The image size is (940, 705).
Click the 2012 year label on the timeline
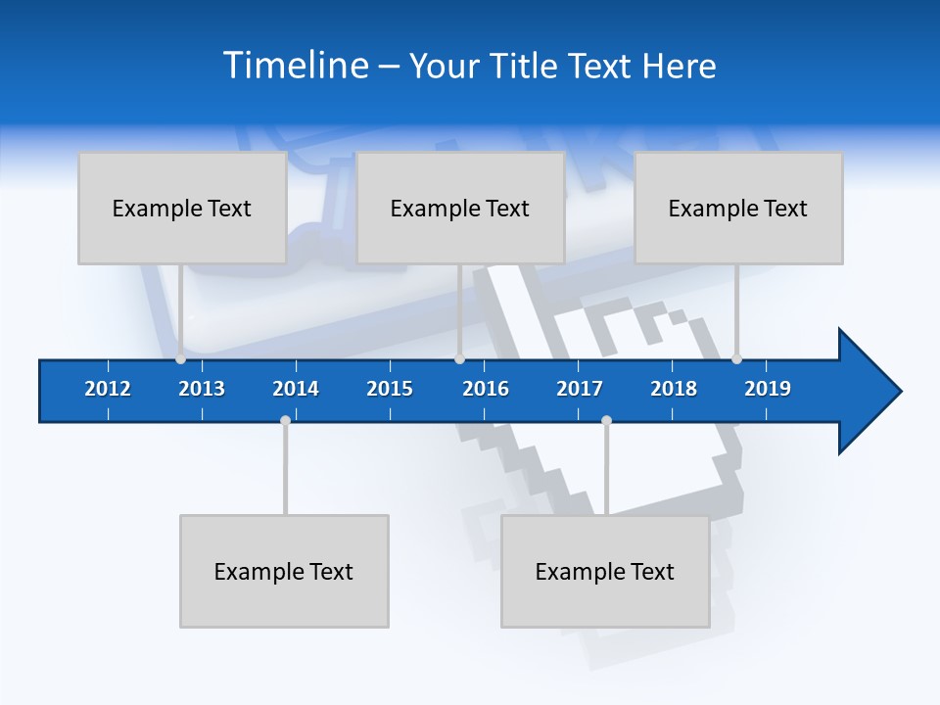pyautogui.click(x=108, y=389)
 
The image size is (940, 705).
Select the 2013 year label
pyautogui.click(x=202, y=389)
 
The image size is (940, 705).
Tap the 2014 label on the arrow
pyautogui.click(x=296, y=389)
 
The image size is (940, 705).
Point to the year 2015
pyautogui.click(x=390, y=389)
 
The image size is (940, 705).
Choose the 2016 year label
pyautogui.click(x=486, y=389)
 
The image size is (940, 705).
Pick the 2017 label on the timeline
pyautogui.click(x=580, y=389)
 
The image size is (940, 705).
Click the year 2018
pyautogui.click(x=674, y=389)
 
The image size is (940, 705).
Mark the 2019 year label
pyautogui.click(x=768, y=389)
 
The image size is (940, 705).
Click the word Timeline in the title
pyautogui.click(x=295, y=66)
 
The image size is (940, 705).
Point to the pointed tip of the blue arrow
pyautogui.click(x=900, y=392)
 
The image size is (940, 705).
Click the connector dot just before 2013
pyautogui.click(x=180, y=359)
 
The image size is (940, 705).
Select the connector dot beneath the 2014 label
pyautogui.click(x=285, y=420)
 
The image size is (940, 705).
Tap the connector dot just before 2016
pyautogui.click(x=459, y=359)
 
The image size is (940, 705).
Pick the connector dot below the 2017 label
pyautogui.click(x=606, y=420)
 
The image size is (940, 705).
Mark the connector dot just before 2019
pyautogui.click(x=736, y=359)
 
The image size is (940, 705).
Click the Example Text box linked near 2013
pyautogui.click(x=182, y=208)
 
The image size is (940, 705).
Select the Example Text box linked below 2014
pyautogui.click(x=284, y=571)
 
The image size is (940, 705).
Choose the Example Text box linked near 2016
pyautogui.click(x=460, y=208)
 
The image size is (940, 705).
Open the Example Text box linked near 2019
pyautogui.click(x=738, y=208)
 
